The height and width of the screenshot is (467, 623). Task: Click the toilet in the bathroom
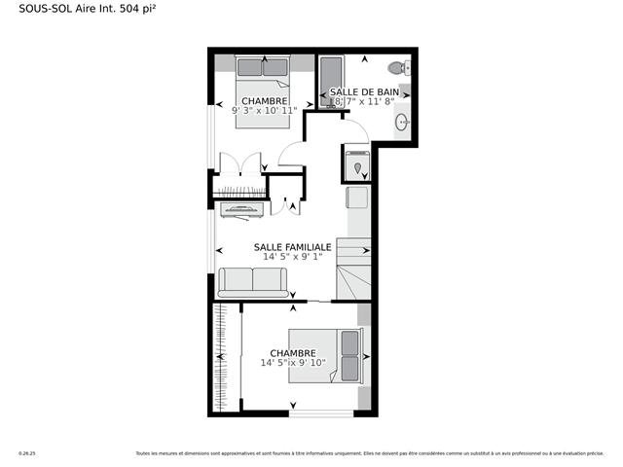pos(398,68)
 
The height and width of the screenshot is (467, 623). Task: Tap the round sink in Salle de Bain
pos(401,122)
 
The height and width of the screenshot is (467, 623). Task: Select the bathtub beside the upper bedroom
pos(330,83)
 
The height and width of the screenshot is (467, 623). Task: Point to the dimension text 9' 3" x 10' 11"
pos(264,111)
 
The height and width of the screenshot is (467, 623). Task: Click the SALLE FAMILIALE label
pos(292,247)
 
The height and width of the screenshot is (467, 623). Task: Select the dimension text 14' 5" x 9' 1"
pos(292,258)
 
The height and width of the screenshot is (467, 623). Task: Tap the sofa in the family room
pos(252,281)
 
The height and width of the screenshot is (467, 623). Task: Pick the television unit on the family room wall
pos(240,208)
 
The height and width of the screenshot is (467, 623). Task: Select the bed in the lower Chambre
pos(348,357)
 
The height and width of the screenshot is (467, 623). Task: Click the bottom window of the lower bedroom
pos(321,414)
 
